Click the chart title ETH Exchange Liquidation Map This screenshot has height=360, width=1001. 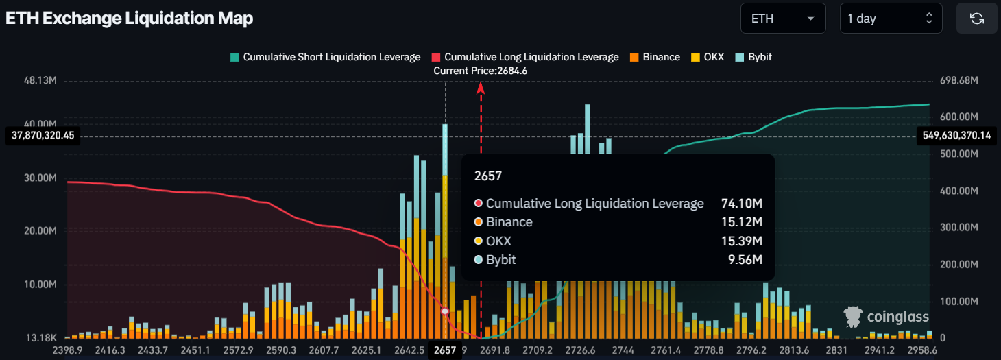pyautogui.click(x=130, y=19)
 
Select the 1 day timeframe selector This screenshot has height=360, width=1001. pyautogui.click(x=891, y=19)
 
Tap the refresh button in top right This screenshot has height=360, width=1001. pyautogui.click(x=977, y=19)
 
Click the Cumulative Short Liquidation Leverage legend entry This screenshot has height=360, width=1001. pyautogui.click(x=325, y=57)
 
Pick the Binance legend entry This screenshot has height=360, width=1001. pyautogui.click(x=655, y=57)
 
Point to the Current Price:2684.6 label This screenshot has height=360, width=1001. pyautogui.click(x=480, y=71)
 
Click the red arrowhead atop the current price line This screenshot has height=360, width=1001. pyautogui.click(x=481, y=87)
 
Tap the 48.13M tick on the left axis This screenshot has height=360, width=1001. pyautogui.click(x=40, y=81)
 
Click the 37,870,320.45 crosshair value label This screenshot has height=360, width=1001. pyautogui.click(x=43, y=136)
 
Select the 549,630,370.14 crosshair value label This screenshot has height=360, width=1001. pyautogui.click(x=955, y=136)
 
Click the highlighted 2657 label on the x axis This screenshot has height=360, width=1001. pyautogui.click(x=445, y=350)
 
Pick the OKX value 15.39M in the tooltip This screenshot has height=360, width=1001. pyautogui.click(x=742, y=241)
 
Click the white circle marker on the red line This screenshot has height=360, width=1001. pyautogui.click(x=445, y=311)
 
